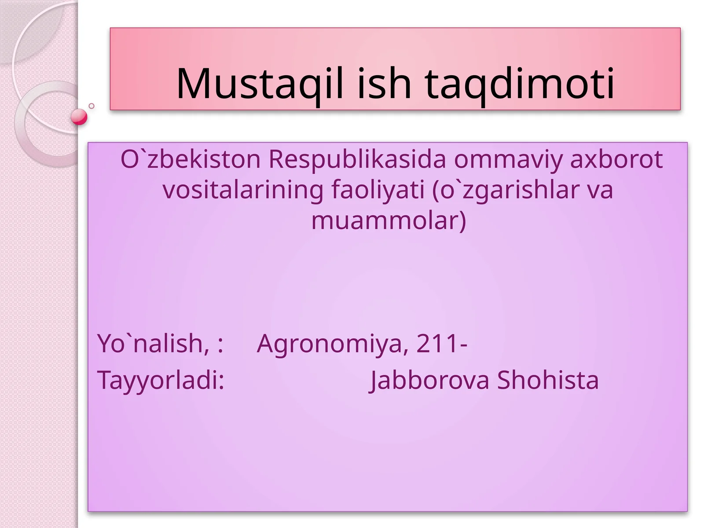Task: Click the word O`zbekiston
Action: (191, 159)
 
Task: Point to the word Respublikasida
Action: (357, 159)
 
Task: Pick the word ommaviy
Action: (508, 159)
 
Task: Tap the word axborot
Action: (616, 159)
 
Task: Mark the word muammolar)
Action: (389, 220)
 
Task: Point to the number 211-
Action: (442, 343)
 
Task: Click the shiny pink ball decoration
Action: (79, 117)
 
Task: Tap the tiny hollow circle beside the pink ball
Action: (92, 106)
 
